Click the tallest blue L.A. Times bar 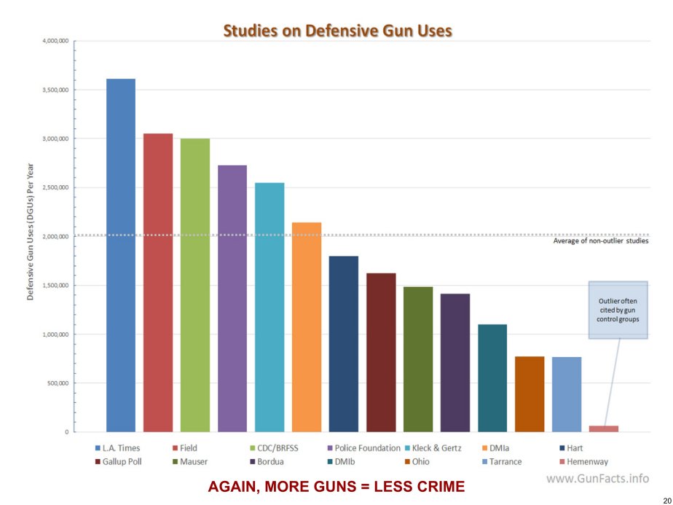pyautogui.click(x=121, y=255)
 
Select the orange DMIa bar pyautogui.click(x=307, y=327)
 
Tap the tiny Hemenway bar pyautogui.click(x=604, y=428)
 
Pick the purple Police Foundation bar pyautogui.click(x=232, y=299)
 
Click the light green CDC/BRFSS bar pyautogui.click(x=195, y=285)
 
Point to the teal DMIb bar pyautogui.click(x=492, y=378)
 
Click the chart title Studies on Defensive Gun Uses pyautogui.click(x=337, y=31)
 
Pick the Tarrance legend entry pyautogui.click(x=503, y=461)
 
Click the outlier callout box pyautogui.click(x=618, y=309)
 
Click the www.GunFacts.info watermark pyautogui.click(x=597, y=479)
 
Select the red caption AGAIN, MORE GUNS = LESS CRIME pyautogui.click(x=336, y=487)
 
